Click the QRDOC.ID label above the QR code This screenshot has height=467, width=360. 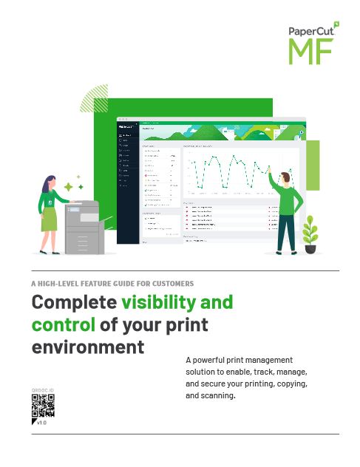[43, 389]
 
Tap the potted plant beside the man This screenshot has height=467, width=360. [310, 235]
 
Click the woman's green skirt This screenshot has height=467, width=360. [50, 218]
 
